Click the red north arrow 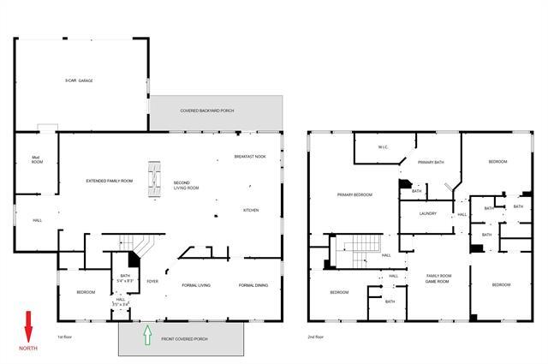click(27, 325)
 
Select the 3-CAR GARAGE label click(79, 81)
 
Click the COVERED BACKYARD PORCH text click(206, 110)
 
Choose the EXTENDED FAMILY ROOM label click(109, 182)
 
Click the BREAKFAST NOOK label click(250, 157)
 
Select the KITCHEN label click(250, 210)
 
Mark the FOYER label click(152, 281)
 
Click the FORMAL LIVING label click(196, 285)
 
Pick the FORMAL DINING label click(253, 285)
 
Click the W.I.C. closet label click(384, 148)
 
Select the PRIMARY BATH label click(430, 162)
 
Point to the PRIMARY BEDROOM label click(354, 195)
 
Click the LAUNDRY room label click(429, 214)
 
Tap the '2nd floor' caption click(316, 337)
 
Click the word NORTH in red click(27, 349)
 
